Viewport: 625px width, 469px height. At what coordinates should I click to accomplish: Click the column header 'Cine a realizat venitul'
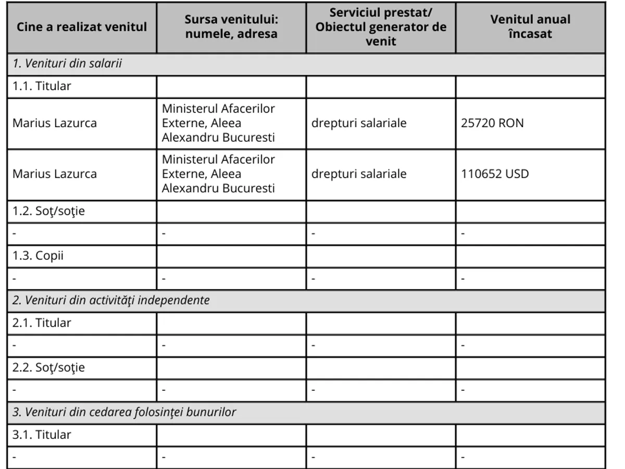click(x=82, y=27)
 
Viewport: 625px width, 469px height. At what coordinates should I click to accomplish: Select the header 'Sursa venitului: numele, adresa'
click(x=231, y=27)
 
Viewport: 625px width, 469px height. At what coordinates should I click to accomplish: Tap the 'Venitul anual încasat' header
click(x=530, y=27)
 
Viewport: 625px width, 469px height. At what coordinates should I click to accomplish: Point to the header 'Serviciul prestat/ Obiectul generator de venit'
click(x=381, y=27)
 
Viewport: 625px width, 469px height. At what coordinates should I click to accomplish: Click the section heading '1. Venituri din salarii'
click(x=67, y=64)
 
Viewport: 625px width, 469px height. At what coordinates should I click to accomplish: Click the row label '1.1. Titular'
click(x=42, y=87)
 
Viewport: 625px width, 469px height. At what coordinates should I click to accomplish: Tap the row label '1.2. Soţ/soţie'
click(x=48, y=212)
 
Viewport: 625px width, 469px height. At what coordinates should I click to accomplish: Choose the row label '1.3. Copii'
click(x=38, y=256)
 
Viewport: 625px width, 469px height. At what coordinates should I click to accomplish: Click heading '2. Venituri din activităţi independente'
click(x=111, y=301)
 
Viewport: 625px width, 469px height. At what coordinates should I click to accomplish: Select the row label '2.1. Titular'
click(x=42, y=323)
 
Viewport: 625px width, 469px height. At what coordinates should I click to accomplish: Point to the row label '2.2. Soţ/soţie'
click(x=48, y=368)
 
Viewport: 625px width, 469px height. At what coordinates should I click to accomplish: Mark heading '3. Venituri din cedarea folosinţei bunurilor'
click(x=124, y=412)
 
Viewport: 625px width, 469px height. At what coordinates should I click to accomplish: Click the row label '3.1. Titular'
click(x=42, y=435)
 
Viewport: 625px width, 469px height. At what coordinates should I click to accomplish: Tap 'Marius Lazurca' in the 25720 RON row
click(x=55, y=124)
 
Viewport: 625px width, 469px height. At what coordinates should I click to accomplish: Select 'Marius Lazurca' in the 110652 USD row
click(x=55, y=174)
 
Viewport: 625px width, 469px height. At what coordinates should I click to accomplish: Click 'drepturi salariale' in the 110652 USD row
click(x=359, y=174)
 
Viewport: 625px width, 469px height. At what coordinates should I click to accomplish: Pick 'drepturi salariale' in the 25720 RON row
click(x=359, y=124)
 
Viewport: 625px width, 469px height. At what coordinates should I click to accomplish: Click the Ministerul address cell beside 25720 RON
click(x=218, y=124)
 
